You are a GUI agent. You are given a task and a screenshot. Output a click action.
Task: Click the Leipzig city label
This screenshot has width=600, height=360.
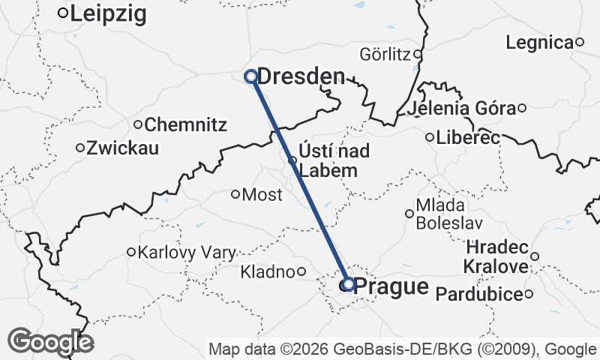pyautogui.click(x=109, y=13)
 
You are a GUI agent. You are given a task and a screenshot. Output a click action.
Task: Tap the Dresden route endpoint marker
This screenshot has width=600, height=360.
pyautogui.click(x=251, y=75)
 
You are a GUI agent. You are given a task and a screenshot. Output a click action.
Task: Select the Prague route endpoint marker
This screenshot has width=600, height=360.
pyautogui.click(x=348, y=284)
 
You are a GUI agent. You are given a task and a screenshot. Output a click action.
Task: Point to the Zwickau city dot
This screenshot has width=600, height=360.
pyautogui.click(x=80, y=148)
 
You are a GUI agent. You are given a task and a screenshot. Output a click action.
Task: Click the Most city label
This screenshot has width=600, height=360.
pyautogui.click(x=263, y=195)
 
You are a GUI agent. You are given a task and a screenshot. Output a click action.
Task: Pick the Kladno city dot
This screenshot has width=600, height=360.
pyautogui.click(x=301, y=271)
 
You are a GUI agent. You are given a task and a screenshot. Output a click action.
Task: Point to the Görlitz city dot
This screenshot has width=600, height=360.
pyautogui.click(x=418, y=54)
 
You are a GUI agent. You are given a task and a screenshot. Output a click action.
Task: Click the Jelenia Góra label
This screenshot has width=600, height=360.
pyautogui.click(x=463, y=109)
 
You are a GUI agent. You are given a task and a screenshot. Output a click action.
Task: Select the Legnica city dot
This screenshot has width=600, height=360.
pyautogui.click(x=579, y=42)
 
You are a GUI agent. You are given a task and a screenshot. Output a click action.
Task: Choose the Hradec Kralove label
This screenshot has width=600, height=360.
pyautogui.click(x=497, y=256)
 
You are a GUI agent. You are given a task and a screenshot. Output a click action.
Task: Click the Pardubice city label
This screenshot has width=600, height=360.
pyautogui.click(x=478, y=294)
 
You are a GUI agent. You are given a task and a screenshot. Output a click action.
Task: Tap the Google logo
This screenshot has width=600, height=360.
pyautogui.click(x=50, y=342)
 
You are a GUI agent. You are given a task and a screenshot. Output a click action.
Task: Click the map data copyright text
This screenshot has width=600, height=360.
pyautogui.click(x=403, y=349)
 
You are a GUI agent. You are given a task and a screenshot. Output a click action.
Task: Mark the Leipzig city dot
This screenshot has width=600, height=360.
pyautogui.click(x=64, y=12)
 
